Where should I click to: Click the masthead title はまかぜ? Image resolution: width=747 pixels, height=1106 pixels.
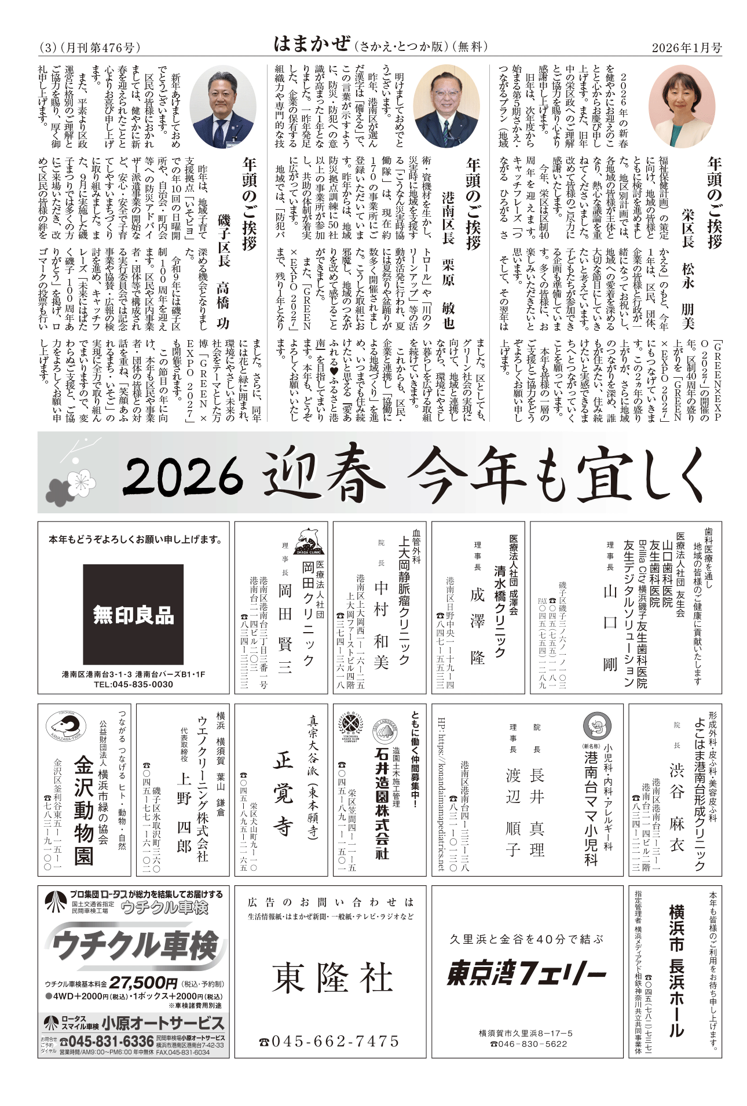click(x=312, y=44)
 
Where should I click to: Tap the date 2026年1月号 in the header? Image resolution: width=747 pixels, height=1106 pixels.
click(x=686, y=48)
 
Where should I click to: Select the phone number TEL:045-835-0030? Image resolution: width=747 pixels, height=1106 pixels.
click(x=133, y=684)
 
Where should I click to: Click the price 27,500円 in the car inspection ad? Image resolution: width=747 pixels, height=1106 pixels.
click(x=143, y=983)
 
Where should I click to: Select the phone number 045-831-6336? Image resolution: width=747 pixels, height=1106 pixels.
click(x=107, y=1042)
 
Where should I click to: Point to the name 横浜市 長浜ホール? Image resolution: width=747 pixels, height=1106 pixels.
click(x=676, y=970)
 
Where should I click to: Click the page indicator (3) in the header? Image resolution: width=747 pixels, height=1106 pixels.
click(x=47, y=48)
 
